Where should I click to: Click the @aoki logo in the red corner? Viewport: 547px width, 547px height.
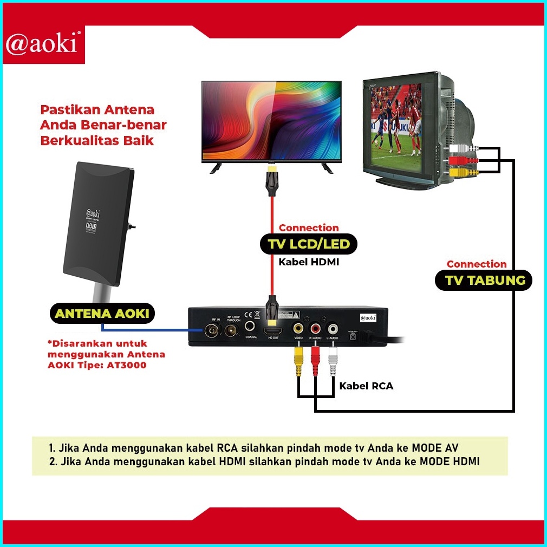tap(42, 44)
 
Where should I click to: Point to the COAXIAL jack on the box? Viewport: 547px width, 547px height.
tap(250, 327)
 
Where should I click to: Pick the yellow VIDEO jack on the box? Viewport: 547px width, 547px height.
tap(298, 328)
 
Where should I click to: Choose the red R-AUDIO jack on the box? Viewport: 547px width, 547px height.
tap(316, 328)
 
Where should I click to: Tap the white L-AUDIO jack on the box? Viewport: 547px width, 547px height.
tap(333, 328)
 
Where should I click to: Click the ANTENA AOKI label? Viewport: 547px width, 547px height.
tap(102, 313)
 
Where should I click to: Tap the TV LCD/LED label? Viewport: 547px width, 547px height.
tap(309, 244)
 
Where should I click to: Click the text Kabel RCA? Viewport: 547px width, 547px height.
tap(366, 386)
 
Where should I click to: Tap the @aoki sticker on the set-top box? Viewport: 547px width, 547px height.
tap(368, 317)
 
